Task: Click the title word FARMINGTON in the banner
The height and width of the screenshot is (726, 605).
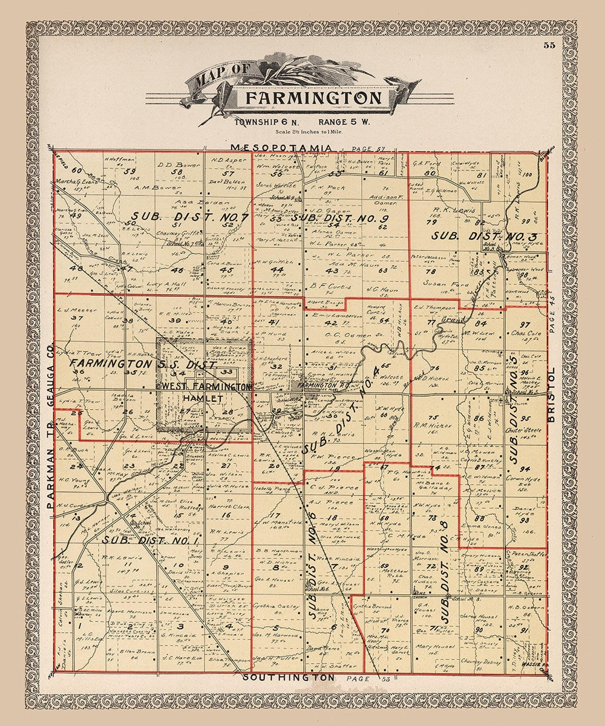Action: [x=313, y=98]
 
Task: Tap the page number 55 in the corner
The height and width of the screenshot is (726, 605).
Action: [x=549, y=45]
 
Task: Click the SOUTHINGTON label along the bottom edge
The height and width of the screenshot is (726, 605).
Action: [x=289, y=678]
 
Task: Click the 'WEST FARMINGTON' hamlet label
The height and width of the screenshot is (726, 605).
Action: [x=204, y=387]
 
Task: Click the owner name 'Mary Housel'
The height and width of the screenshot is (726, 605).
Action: [x=431, y=646]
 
